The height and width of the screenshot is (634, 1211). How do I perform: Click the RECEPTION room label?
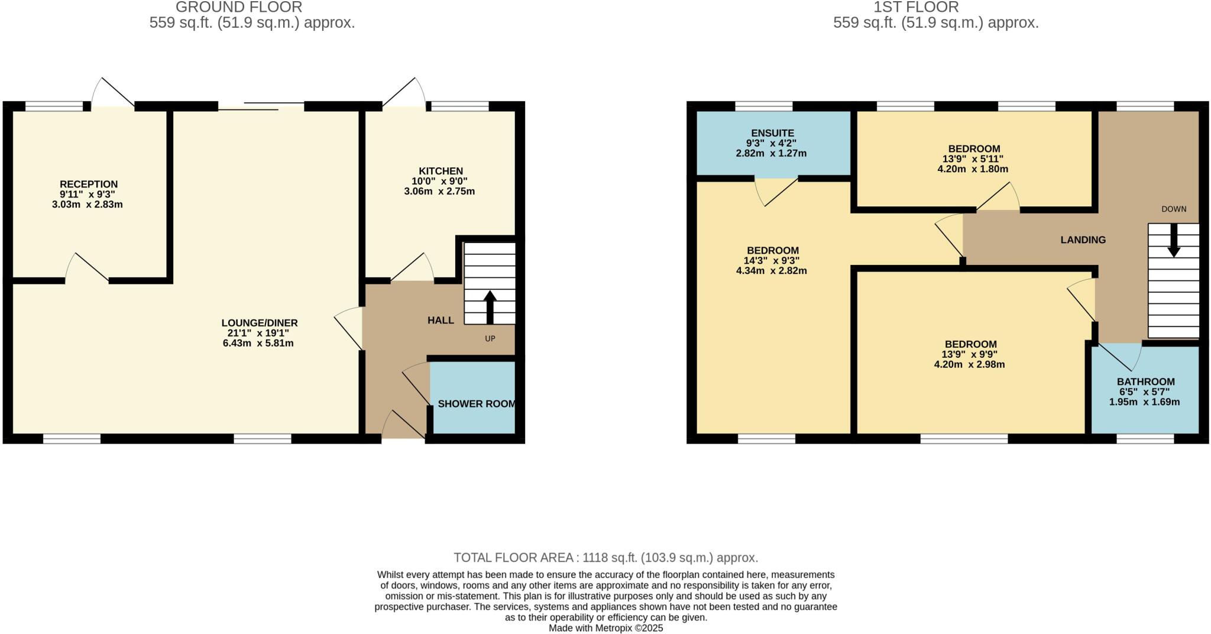[x=89, y=184]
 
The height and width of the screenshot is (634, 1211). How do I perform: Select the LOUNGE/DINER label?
[x=260, y=323]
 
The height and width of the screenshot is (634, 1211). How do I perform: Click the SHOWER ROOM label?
[x=477, y=404]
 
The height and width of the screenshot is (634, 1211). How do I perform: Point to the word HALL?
[x=441, y=321]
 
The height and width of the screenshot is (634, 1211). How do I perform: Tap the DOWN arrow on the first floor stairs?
[x=1174, y=240]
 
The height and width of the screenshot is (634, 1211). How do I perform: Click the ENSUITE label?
[x=772, y=133]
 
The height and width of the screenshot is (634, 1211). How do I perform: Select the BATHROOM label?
[x=1145, y=381]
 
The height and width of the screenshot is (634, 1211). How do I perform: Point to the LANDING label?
[x=1083, y=240]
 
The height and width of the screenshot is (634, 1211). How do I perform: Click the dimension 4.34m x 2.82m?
[x=771, y=271]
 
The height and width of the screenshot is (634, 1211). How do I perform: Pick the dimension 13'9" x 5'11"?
[x=973, y=158]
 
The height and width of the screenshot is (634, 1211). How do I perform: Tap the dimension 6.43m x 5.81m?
[x=258, y=343]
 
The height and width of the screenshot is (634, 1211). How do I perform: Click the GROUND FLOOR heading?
[x=239, y=7]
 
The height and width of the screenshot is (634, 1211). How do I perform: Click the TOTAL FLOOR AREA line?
[x=605, y=558]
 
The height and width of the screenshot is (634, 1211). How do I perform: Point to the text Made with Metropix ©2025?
[x=605, y=628]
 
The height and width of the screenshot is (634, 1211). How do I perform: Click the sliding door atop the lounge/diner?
[x=261, y=106]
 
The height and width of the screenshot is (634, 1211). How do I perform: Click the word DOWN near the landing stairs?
[x=1174, y=209]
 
